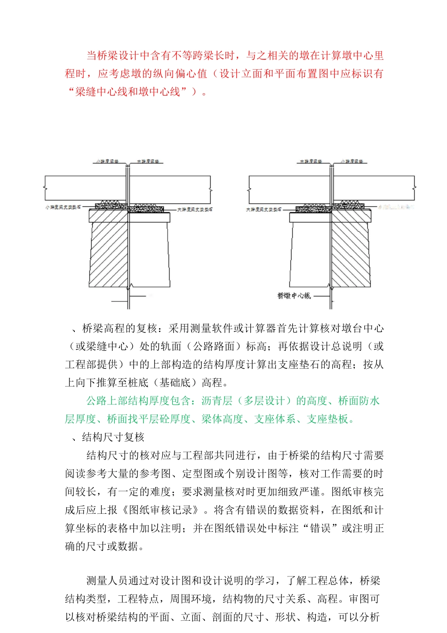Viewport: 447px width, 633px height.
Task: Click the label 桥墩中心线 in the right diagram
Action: [294, 296]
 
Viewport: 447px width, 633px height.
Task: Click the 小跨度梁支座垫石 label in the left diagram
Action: [63, 207]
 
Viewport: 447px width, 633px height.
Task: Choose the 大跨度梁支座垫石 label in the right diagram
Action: [263, 209]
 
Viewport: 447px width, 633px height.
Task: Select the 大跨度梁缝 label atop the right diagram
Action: [311, 162]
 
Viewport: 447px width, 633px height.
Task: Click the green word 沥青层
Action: [217, 401]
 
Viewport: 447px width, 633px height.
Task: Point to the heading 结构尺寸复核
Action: [113, 438]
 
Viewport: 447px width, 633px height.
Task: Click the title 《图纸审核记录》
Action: [162, 510]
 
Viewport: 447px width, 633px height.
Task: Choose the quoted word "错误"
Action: [320, 528]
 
